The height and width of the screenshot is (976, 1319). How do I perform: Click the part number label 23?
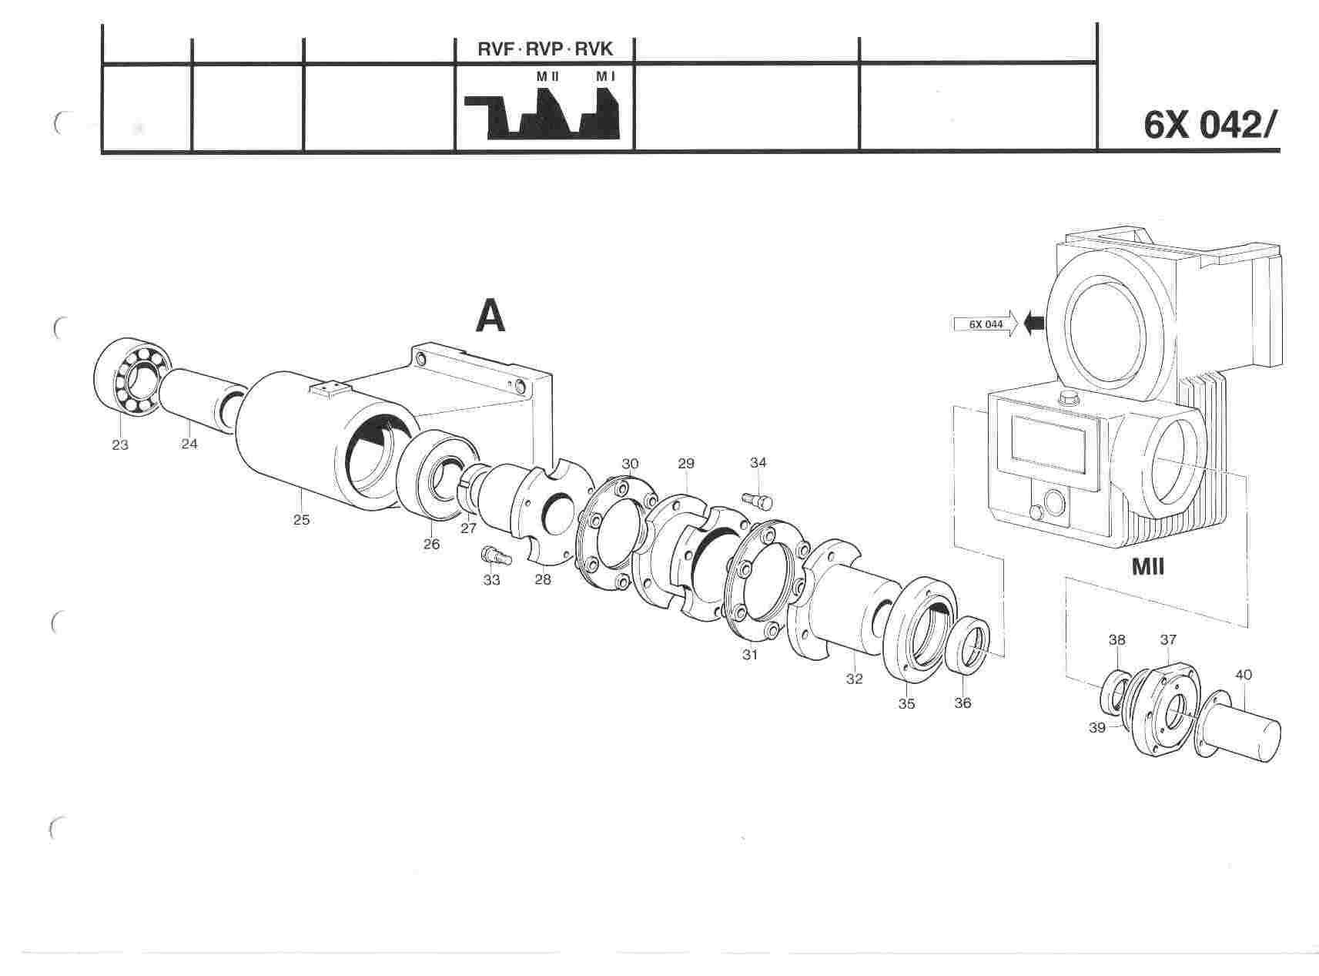pos(120,444)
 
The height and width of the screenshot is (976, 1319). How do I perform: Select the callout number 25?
pos(301,520)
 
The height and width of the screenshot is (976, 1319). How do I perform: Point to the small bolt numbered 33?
pos(490,555)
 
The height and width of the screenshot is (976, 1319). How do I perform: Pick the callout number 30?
pos(631,464)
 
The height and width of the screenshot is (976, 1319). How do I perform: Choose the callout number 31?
pos(750,655)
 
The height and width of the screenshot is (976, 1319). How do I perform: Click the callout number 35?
pos(907,703)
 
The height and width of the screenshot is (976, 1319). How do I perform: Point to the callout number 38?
pos(1116,639)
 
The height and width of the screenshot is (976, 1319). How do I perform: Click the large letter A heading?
pos(490,315)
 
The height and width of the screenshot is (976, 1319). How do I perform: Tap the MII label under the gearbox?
pos(1147,568)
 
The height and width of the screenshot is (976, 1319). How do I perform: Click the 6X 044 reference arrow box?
pos(985,324)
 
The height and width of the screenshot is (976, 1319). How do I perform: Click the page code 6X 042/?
pos(1210,126)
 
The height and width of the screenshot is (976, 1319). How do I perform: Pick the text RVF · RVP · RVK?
pos(545,50)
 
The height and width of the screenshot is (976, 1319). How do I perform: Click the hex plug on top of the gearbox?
pos(1067,397)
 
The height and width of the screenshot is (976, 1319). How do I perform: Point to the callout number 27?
pos(468,528)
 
